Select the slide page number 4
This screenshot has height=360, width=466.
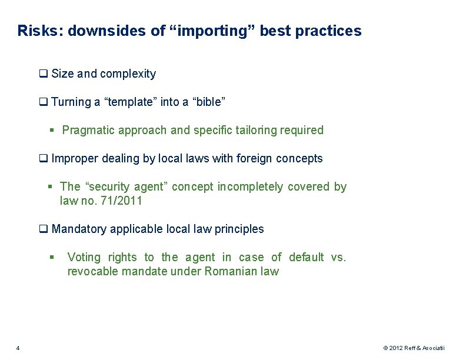click(18, 348)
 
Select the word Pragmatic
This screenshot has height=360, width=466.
click(88, 130)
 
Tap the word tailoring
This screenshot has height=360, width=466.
click(259, 130)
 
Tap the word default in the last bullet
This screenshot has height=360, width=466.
click(305, 257)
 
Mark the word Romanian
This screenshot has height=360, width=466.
click(227, 271)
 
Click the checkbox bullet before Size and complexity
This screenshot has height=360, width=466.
click(43, 74)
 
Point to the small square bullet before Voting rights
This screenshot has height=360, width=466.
click(52, 257)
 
